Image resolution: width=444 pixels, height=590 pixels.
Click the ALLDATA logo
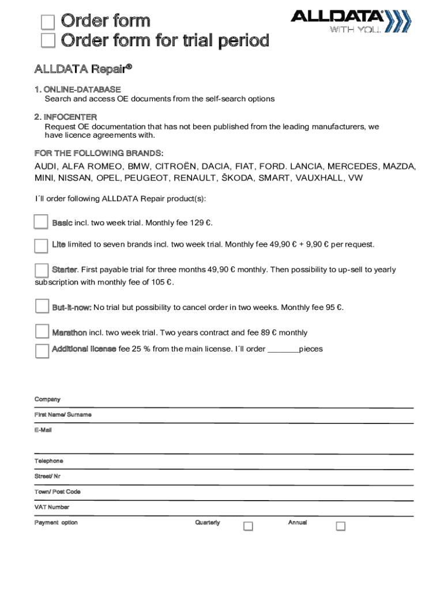pos(350,21)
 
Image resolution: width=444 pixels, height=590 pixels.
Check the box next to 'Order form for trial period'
pos(48,41)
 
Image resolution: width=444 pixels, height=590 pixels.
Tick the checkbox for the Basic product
pos(41,222)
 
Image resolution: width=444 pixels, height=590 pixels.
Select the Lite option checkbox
pos(41,245)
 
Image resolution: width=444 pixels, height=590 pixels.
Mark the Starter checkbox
pos(42,270)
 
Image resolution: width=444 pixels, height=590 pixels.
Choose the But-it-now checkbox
pos(42,307)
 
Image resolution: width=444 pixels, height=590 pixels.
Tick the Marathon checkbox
pos(42,332)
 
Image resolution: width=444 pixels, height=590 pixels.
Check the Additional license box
pos(42,350)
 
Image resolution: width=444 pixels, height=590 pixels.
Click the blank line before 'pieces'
pos(283,349)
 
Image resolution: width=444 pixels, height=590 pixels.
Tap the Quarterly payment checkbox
pos(248,526)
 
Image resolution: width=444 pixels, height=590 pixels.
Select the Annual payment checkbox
pos(340,526)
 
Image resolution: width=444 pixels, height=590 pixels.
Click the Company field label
pos(47,399)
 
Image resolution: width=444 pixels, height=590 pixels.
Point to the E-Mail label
pos(43,430)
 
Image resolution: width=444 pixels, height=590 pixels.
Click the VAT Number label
pos(52,507)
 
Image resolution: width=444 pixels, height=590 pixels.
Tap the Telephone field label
pos(49,461)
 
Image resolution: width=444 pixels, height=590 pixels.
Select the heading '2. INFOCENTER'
pos(66,117)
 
